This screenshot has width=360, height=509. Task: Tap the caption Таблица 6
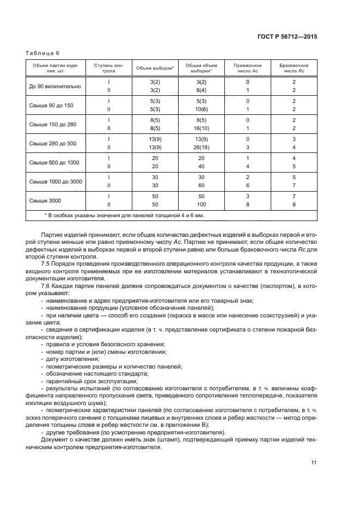point(42,53)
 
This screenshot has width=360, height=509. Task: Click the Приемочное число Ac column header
point(247,68)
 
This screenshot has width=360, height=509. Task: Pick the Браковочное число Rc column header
point(294,68)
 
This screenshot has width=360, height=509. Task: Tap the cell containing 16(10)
point(201,128)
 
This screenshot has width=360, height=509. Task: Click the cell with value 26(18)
point(201,148)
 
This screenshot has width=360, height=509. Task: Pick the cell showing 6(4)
point(201,90)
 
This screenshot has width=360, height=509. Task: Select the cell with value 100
point(201,205)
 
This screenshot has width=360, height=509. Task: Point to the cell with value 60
point(201,186)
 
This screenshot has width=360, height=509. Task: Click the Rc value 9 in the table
point(294,205)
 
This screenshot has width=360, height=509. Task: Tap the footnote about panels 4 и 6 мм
point(124,216)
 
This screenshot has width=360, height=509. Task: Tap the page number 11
point(314,463)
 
